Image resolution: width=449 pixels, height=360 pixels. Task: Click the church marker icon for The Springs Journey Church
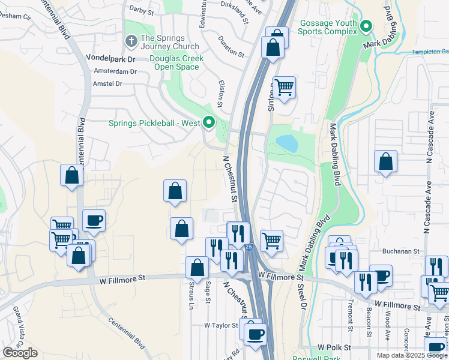click(131, 41)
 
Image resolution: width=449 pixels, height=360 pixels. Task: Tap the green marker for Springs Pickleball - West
click(209, 123)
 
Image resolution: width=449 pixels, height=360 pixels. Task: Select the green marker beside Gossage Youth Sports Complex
click(367, 27)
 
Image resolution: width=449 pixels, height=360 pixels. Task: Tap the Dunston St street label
click(231, 46)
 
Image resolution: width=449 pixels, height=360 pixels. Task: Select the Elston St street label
click(221, 95)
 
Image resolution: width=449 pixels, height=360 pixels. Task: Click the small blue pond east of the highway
click(286, 143)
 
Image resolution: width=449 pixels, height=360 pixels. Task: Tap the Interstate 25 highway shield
click(249, 247)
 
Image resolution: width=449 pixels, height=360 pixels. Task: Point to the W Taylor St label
click(221, 325)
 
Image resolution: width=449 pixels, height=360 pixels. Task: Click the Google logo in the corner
click(20, 353)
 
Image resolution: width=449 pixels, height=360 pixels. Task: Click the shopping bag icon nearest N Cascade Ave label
click(385, 161)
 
